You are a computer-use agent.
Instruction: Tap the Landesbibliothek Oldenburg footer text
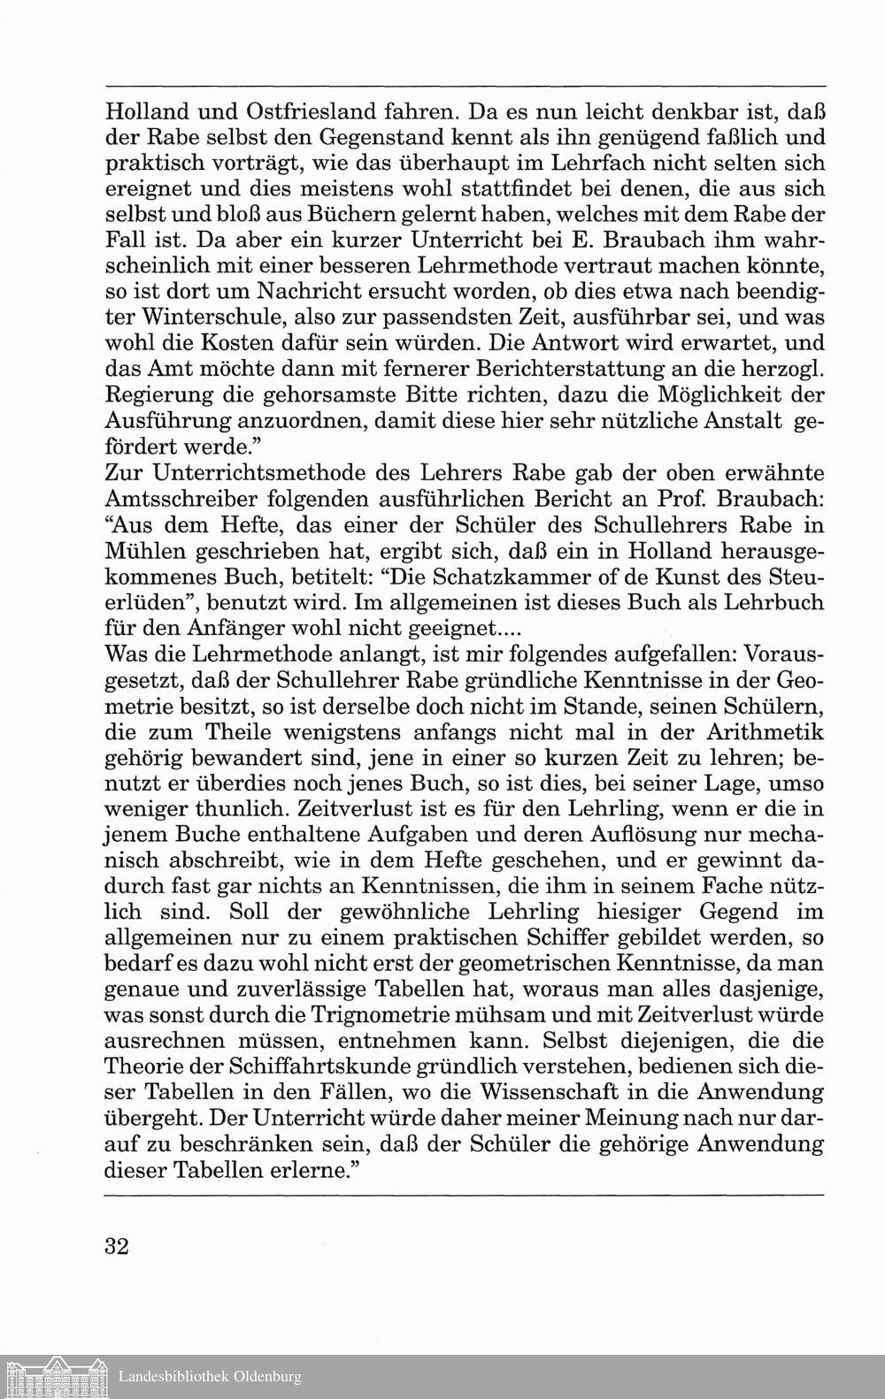coord(210,1377)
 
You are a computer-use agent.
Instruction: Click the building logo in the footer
coord(54,1377)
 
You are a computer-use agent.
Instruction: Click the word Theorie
coord(145,1066)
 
